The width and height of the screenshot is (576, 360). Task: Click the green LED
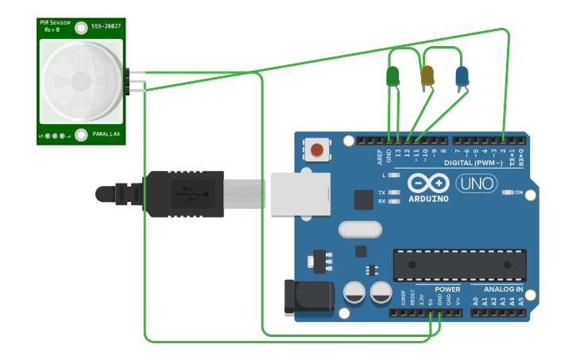pos(392,76)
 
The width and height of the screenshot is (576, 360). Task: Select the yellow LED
pos(427,75)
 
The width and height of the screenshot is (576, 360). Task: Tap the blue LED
pos(462,76)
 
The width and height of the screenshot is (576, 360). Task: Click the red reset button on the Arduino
pos(317,149)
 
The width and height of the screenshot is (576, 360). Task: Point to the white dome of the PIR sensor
pos(81,80)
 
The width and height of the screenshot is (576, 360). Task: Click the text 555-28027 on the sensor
pos(106,27)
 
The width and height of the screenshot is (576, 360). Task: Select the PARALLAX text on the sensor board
pos(106,134)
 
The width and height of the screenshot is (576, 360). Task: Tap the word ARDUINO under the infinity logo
pos(429,199)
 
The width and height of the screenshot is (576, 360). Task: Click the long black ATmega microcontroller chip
pos(459,265)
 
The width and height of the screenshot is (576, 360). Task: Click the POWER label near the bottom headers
pos(447,289)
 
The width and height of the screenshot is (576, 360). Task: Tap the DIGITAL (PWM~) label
pos(477,162)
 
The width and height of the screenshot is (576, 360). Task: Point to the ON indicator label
pos(519,192)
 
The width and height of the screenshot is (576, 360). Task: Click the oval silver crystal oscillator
pos(360,229)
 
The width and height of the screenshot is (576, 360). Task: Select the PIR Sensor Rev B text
pos(56,25)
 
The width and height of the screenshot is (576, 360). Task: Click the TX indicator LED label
pos(381,192)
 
